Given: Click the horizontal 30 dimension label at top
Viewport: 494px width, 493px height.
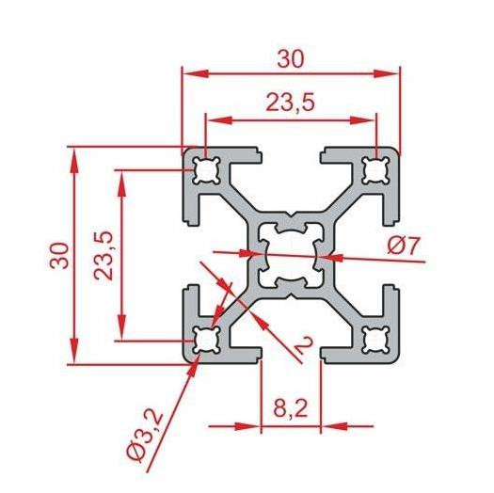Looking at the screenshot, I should tap(291, 57).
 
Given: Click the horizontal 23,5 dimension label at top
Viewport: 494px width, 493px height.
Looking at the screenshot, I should tap(291, 105).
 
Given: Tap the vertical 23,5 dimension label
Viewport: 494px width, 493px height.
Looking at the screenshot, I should tap(104, 255).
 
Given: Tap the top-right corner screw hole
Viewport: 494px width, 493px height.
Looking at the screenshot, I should tap(376, 170).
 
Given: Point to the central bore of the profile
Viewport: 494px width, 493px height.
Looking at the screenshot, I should tap(291, 255).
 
